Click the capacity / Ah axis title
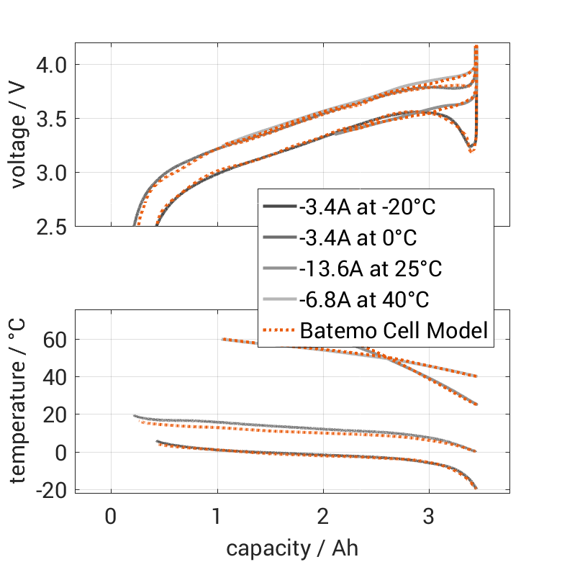pyautogui.click(x=291, y=548)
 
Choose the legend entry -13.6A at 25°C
pyautogui.click(x=371, y=269)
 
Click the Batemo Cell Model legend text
pyautogui.click(x=394, y=331)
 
